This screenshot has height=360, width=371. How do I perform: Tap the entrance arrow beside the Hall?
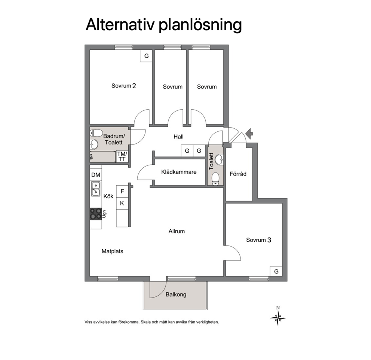pyautogui.click(x=249, y=134)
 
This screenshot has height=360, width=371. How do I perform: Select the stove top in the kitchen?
pyautogui.click(x=96, y=214)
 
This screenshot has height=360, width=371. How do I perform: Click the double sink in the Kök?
pyautogui.click(x=96, y=189)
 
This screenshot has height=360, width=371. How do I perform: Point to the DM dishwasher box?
pyautogui.click(x=96, y=175)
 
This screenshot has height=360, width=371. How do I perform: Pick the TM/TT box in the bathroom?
pyautogui.click(x=122, y=157)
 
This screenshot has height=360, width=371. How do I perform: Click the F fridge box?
pyautogui.click(x=122, y=191)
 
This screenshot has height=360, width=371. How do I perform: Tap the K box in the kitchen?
pyautogui.click(x=122, y=203)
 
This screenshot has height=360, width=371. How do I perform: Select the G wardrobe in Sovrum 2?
pyautogui.click(x=147, y=56)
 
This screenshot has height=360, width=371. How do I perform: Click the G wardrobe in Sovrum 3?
pyautogui.click(x=276, y=271)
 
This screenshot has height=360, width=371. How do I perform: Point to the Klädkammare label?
pyautogui.click(x=179, y=172)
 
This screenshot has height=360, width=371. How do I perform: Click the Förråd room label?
pyautogui.click(x=238, y=174)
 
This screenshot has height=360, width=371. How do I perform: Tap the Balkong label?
pyautogui.click(x=176, y=295)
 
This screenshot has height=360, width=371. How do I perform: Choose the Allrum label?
pyautogui.click(x=177, y=231)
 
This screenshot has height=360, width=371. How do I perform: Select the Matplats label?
pyautogui.click(x=113, y=251)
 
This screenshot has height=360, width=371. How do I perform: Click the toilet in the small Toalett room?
pyautogui.click(x=215, y=179)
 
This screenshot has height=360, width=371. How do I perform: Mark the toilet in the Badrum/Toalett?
pyautogui.click(x=96, y=133)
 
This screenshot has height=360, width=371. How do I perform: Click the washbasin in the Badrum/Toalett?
pyautogui.click(x=94, y=144)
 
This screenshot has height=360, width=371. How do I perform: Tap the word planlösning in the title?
pyautogui.click(x=200, y=25)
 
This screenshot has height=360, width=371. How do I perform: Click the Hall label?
pyautogui.click(x=178, y=137)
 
